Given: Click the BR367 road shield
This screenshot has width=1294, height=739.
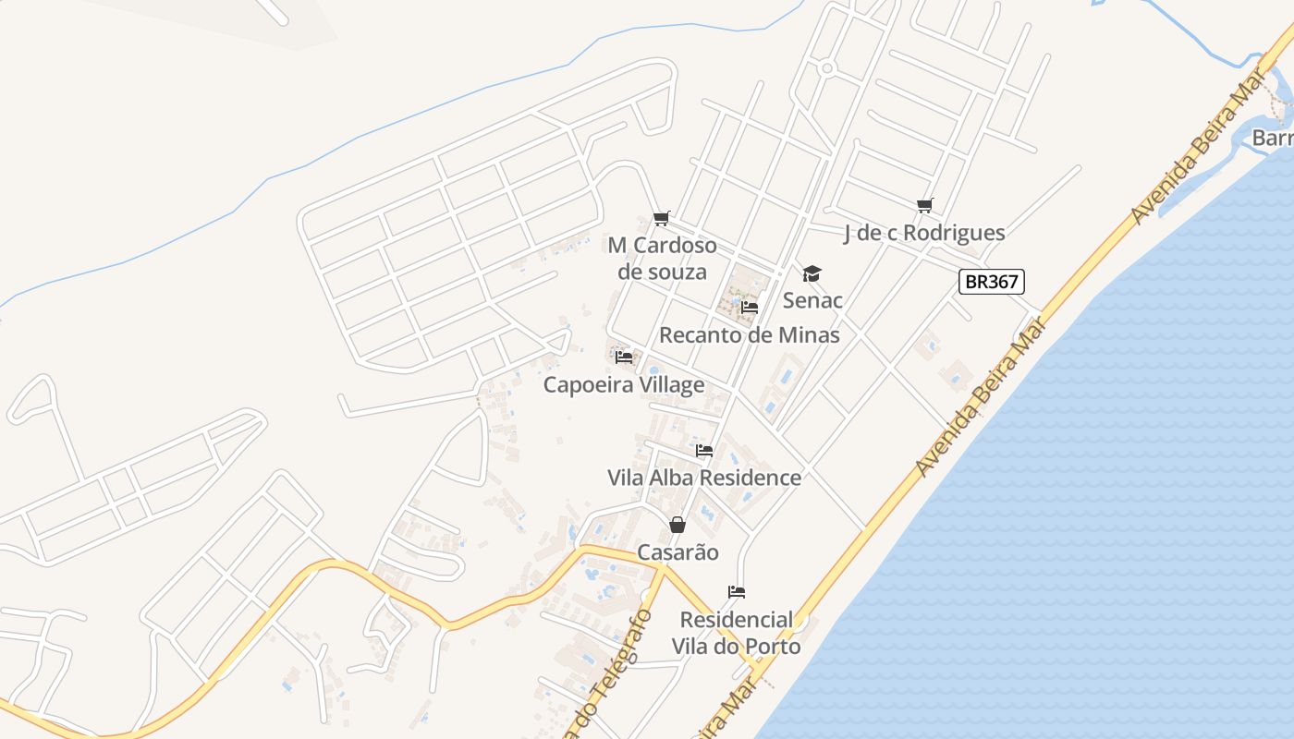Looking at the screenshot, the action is tap(992, 282).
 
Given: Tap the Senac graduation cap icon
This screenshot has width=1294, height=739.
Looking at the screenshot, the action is tap(812, 273).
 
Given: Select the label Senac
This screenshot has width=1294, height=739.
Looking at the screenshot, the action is tap(812, 300).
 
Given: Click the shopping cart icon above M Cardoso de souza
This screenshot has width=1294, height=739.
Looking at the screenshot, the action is tap(661, 219).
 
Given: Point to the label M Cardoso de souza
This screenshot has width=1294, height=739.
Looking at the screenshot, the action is tap(662, 259).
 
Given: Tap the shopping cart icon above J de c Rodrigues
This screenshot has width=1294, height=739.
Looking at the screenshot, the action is tap(924, 205).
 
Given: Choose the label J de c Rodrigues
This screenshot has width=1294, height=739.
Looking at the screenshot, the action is tap(924, 233).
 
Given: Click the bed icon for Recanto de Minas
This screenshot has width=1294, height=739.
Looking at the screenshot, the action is tap(750, 307).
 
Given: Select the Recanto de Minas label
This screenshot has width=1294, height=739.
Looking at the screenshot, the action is tap(750, 334).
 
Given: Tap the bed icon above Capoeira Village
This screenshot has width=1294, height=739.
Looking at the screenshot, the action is tap(624, 357).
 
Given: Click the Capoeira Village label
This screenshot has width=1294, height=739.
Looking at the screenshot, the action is tap(624, 384).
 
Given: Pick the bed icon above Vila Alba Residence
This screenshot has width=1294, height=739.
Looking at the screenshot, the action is tap(704, 451).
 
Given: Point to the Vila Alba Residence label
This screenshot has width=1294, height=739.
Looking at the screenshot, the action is tap(704, 478).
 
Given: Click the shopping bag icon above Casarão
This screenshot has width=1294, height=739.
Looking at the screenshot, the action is tap(678, 525).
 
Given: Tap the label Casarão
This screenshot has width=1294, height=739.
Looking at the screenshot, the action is tap(678, 552).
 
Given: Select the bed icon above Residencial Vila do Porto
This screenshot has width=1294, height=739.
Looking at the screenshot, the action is tap(737, 592).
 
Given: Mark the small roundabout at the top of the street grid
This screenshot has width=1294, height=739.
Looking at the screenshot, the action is tap(827, 67).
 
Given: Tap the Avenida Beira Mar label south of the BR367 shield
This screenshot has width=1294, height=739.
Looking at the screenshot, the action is tap(981, 397).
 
